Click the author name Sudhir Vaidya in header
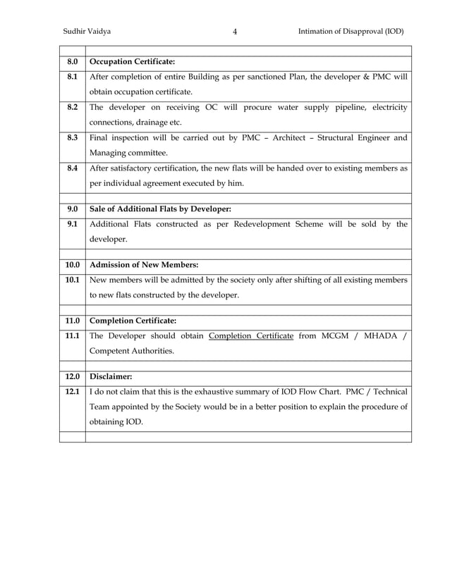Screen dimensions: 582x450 tap(87, 32)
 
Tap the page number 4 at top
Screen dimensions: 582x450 tap(235, 32)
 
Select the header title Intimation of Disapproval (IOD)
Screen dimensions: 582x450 tap(351, 32)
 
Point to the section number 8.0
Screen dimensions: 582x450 tap(72, 61)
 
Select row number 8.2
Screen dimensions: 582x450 tap(72, 107)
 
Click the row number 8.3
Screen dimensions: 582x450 tap(72, 137)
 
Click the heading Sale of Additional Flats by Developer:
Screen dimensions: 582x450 tap(160, 209)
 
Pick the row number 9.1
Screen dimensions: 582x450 tap(72, 224)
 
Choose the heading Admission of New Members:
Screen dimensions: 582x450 tap(144, 265)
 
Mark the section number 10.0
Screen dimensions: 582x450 tap(72, 265)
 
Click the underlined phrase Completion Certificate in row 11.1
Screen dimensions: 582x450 tap(251, 335)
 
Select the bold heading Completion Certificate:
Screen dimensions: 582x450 tap(133, 321)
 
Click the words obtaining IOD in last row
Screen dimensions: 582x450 tap(116, 422)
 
